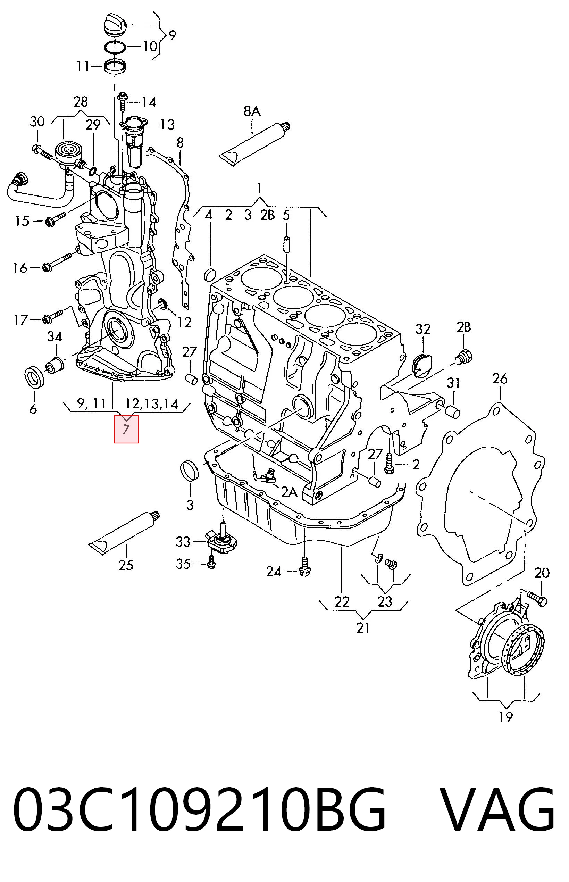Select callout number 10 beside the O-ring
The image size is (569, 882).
tap(150, 46)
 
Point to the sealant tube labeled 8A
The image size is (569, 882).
tap(255, 144)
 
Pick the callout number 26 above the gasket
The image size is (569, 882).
tap(500, 379)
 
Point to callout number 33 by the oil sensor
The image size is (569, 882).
tap(183, 542)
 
